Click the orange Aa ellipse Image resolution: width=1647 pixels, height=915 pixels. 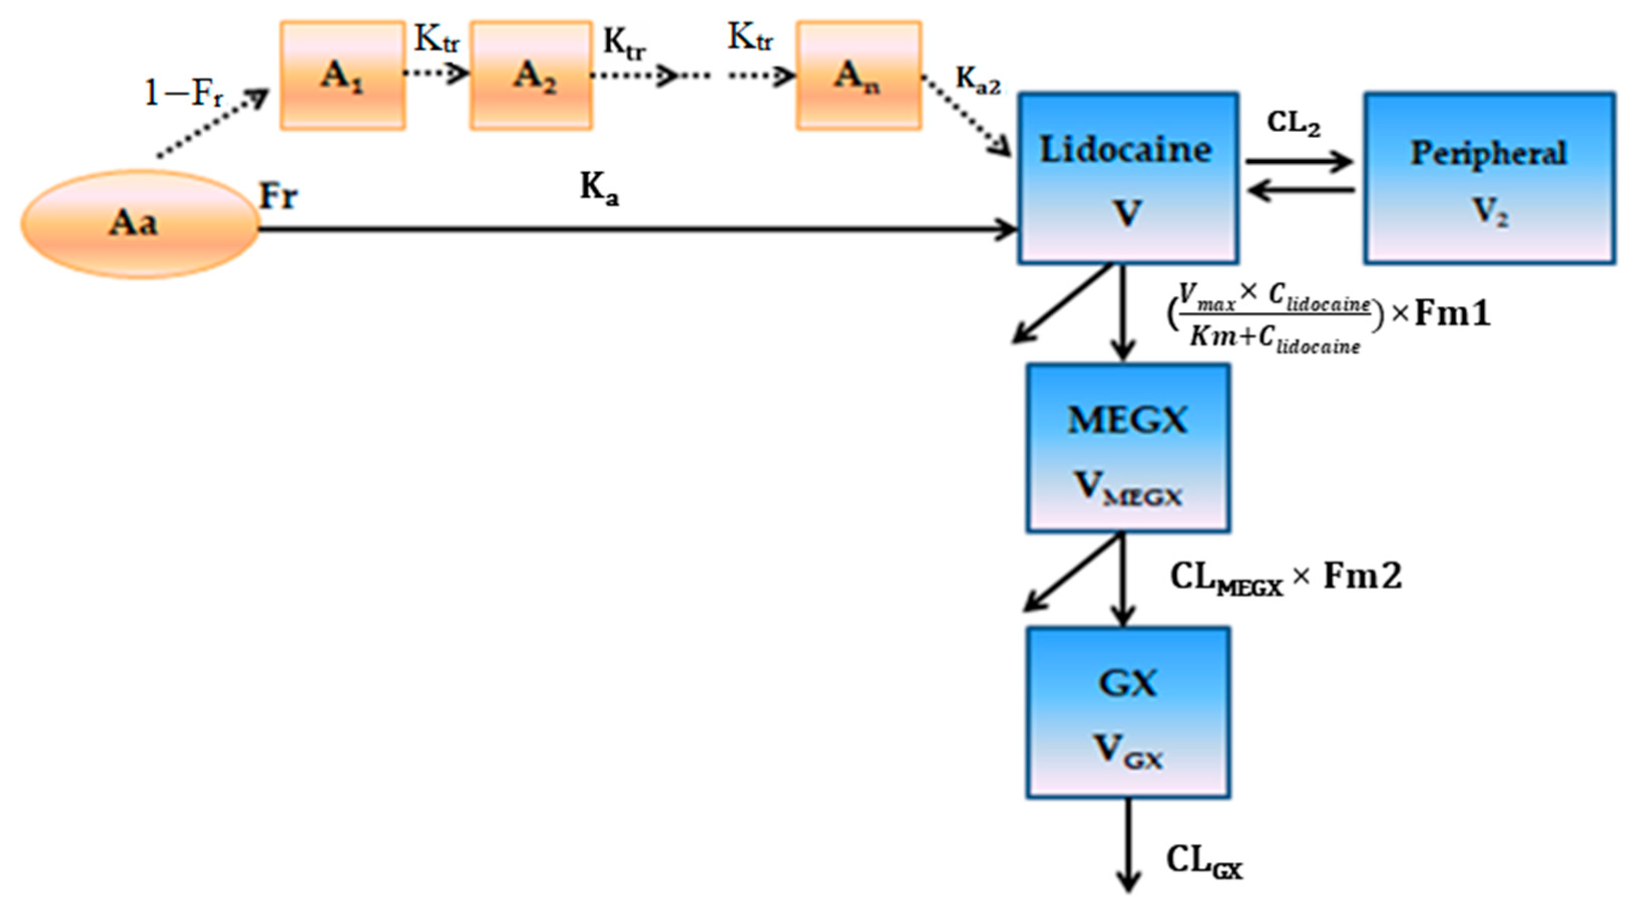pyautogui.click(x=139, y=224)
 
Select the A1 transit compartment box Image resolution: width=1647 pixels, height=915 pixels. pyautogui.click(x=343, y=76)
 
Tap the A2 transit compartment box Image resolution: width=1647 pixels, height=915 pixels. pyautogui.click(x=531, y=76)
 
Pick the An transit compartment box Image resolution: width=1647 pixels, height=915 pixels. pyautogui.click(x=859, y=76)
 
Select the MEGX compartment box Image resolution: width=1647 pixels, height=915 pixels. pyautogui.click(x=1128, y=447)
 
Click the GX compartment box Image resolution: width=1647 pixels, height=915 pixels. pyautogui.click(x=1128, y=713)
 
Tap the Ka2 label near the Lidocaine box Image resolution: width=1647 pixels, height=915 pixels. pyautogui.click(x=977, y=82)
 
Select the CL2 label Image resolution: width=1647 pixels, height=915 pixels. pyautogui.click(x=1293, y=123)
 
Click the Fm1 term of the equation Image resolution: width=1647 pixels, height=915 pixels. pyautogui.click(x=1453, y=314)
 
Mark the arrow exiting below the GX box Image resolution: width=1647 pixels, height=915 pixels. pyautogui.click(x=1128, y=843)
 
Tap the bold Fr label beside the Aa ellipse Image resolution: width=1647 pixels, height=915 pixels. pyautogui.click(x=278, y=195)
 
